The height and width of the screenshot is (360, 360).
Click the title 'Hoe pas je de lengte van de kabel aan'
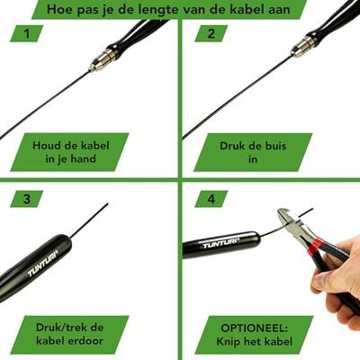click(169, 9)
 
